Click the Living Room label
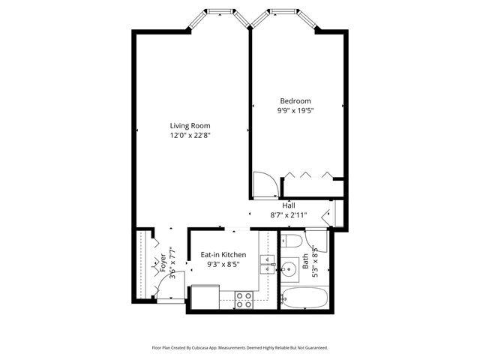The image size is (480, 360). (x=190, y=125)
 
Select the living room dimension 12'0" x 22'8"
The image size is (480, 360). (x=190, y=136)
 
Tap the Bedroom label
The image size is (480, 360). (x=295, y=100)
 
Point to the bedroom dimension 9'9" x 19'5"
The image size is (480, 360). (x=295, y=111)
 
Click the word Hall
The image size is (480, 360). (x=289, y=205)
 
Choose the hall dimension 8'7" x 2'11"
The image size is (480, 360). (x=289, y=215)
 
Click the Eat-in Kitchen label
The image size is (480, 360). (x=223, y=255)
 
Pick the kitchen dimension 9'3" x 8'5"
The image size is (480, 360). (x=223, y=265)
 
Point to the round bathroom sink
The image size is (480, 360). (x=288, y=267)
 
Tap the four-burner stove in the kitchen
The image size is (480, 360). (x=244, y=299)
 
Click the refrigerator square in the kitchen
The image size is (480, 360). (x=203, y=298)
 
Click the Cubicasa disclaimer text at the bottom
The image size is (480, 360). (x=240, y=348)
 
